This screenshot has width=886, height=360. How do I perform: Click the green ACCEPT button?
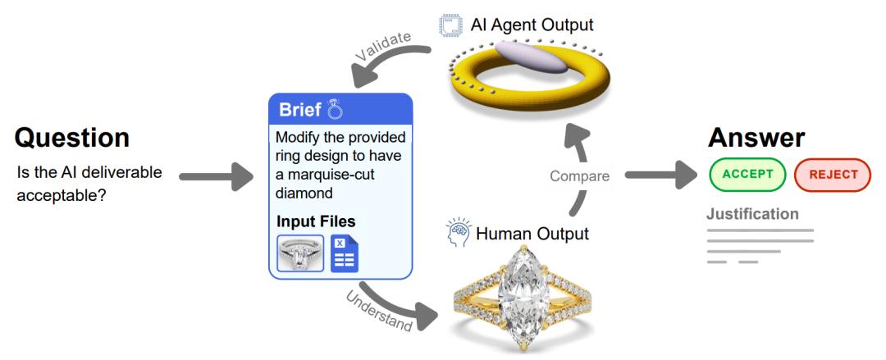coord(747,175)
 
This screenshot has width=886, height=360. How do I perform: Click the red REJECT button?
coord(833,175)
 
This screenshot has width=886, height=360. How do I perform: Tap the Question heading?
coord(72,138)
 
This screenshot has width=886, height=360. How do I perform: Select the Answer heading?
coord(756,138)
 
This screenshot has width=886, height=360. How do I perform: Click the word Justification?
coord(752,214)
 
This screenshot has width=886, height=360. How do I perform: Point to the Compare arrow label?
coord(580,175)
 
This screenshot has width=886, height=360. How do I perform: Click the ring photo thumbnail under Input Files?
coord(300,253)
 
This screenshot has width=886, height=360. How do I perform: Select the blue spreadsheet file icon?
coord(345,253)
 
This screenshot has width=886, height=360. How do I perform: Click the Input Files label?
coord(316,221)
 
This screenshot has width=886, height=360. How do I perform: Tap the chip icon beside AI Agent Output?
coord(450,26)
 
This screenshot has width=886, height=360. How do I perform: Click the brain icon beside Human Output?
coord(459,234)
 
